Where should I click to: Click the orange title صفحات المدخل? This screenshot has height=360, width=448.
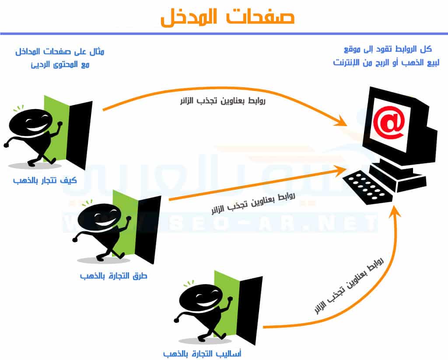click(x=227, y=17)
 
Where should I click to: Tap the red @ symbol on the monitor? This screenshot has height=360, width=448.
click(x=389, y=122)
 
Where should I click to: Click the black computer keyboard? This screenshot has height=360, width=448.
click(x=368, y=187)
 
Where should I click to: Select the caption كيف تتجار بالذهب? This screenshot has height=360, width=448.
click(x=45, y=180)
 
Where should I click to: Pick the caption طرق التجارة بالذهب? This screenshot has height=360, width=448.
click(x=113, y=276)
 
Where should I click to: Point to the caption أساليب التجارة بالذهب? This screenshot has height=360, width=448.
click(x=202, y=354)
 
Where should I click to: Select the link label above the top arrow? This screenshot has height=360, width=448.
click(x=223, y=101)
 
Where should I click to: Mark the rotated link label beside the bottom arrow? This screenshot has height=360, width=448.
click(x=349, y=285)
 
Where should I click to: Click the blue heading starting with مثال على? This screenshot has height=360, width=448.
click(x=59, y=58)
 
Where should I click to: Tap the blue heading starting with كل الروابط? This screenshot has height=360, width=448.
click(x=386, y=56)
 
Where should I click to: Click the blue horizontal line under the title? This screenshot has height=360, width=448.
click(x=224, y=34)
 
